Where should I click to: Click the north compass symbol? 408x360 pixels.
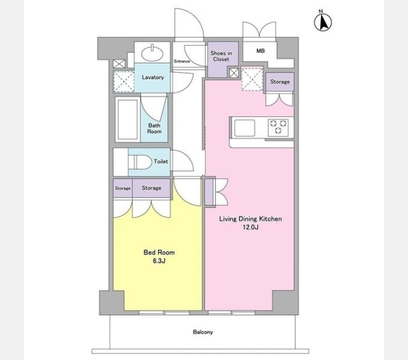323,21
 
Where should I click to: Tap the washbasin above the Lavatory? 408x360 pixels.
152,53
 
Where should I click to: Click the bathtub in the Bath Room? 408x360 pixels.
127,119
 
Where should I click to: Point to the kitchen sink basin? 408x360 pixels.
245,128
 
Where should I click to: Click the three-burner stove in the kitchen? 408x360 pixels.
278,127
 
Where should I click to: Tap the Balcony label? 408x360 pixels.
203,332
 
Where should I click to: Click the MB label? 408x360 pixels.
260,51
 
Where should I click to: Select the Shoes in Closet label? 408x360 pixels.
221,56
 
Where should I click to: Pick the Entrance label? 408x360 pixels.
182,61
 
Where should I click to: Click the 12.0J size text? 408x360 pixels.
251,227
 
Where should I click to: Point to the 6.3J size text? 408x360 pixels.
159,260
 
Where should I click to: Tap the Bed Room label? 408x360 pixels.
159,253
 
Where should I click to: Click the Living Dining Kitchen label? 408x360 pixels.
250,219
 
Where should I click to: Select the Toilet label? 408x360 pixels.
161,161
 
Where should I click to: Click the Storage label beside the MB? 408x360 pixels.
280,82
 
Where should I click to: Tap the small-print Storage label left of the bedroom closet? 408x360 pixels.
122,188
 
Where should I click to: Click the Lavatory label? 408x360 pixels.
153,77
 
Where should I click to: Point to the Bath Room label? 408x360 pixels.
154,128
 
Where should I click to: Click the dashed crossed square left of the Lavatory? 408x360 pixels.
124,82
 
